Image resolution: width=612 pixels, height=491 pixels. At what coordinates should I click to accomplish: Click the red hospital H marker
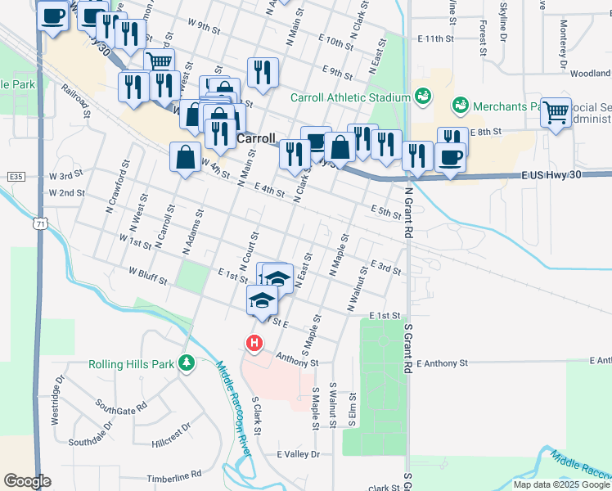[254, 342]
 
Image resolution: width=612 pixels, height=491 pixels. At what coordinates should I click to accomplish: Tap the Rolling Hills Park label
[133, 364]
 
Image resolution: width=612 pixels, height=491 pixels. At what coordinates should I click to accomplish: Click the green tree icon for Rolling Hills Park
[187, 363]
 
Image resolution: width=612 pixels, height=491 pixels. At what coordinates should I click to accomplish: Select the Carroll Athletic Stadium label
[351, 97]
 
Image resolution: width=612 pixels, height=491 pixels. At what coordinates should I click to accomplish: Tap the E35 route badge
[13, 176]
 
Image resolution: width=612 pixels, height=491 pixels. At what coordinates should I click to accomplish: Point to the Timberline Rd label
[173, 475]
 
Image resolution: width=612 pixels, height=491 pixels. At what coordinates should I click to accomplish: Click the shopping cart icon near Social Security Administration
[556, 112]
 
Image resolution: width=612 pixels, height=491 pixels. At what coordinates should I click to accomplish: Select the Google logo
[27, 481]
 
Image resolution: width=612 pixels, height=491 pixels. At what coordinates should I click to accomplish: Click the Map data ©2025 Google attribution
[561, 484]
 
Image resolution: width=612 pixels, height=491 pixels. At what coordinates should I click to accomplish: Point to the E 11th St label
[434, 38]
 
